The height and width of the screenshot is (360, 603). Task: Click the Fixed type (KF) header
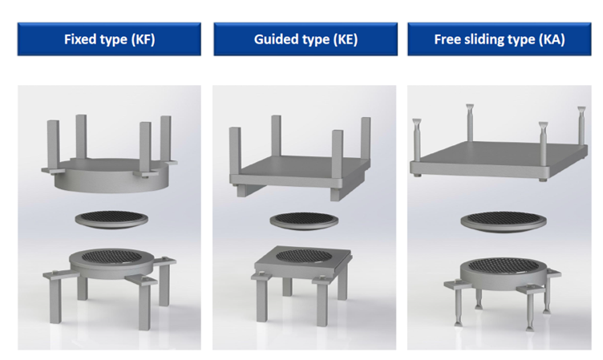click(x=109, y=39)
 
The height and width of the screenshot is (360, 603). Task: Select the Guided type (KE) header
click(x=306, y=39)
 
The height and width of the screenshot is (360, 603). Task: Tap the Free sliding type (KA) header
click(x=500, y=39)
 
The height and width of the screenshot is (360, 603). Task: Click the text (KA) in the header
click(x=552, y=39)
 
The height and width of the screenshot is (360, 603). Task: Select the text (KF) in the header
click(x=143, y=39)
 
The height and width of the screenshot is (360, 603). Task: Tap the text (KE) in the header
click(x=346, y=39)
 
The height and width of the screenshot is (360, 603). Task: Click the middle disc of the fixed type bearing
click(x=111, y=219)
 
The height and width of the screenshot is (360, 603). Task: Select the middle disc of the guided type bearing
click(x=304, y=221)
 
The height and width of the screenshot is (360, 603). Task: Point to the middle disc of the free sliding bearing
click(x=504, y=222)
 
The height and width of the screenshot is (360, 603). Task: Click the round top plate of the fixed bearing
click(x=111, y=175)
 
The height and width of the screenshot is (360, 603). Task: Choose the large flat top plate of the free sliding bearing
click(x=499, y=160)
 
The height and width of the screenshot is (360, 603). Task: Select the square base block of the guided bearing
click(x=303, y=262)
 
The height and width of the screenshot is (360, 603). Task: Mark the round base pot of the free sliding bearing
click(x=504, y=274)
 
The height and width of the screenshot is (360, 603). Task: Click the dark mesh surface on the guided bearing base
click(x=304, y=256)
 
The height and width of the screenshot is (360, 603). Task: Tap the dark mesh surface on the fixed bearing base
click(x=111, y=257)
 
